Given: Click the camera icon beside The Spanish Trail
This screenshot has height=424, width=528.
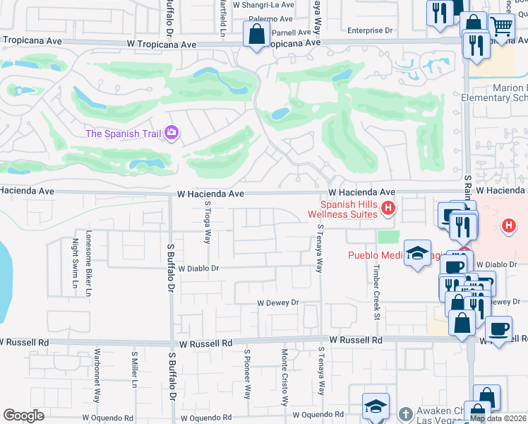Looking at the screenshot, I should tap(171, 133).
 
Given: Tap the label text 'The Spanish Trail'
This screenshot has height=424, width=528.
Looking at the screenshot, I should tap(123, 133).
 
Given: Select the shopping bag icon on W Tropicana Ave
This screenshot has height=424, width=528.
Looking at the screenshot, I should tap(256, 33).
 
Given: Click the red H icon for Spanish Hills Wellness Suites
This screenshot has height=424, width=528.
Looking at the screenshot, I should tap(387, 208).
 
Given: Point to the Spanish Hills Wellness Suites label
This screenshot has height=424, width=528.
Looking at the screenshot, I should tap(344, 208).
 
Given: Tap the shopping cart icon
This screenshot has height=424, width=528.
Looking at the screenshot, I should tap(501, 27).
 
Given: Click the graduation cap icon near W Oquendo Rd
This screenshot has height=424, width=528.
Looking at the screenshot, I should tap(376, 406).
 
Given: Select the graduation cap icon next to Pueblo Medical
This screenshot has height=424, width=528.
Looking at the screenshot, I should tap(417, 254).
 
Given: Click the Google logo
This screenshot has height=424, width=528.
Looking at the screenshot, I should tap(23, 416).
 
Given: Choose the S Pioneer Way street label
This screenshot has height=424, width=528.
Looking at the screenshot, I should tap(247, 374).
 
